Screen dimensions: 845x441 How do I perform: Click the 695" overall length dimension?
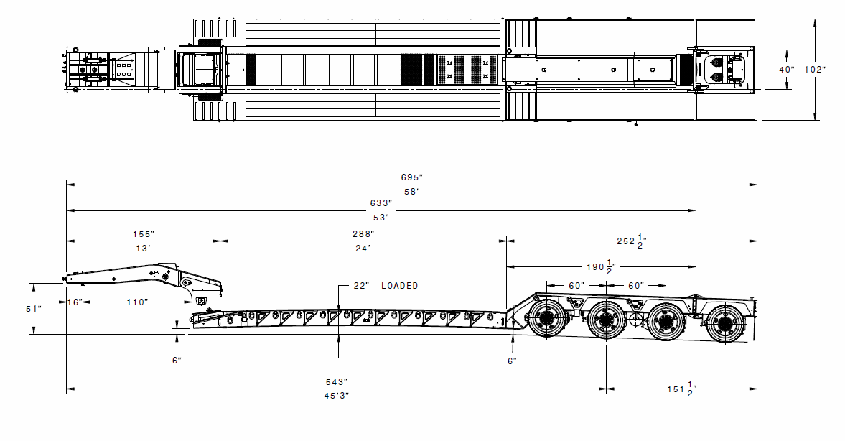point(411,177)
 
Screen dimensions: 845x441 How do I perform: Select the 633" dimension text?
point(381,203)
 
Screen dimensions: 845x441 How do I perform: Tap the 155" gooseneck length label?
point(144,234)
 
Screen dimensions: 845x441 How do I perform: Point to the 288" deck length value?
point(363,234)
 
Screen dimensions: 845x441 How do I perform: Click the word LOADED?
point(399,286)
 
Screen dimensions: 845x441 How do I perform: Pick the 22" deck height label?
point(361,286)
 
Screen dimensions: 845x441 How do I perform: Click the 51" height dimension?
point(34,309)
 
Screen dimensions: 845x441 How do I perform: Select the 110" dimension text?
point(137,302)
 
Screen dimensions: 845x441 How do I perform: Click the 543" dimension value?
point(336,382)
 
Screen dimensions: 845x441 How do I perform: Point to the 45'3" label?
point(337,395)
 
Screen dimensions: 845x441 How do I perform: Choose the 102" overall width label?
point(815,70)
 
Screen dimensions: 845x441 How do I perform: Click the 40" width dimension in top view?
point(787,70)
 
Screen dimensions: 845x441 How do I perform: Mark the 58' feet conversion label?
point(411,191)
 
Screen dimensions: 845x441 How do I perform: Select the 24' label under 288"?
point(363,249)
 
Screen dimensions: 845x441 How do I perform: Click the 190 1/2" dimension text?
point(601,266)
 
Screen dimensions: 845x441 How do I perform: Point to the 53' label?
point(381,218)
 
